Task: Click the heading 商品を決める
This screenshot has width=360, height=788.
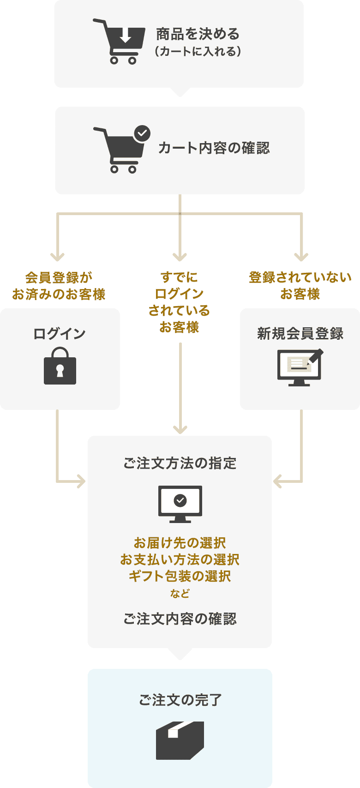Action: click(x=198, y=34)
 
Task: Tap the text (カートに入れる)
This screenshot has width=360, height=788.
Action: click(x=198, y=51)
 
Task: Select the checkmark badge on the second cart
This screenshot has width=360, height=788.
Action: click(x=142, y=133)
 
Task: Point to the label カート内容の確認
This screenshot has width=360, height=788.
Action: click(x=214, y=148)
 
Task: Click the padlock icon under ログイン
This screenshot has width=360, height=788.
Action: click(x=60, y=366)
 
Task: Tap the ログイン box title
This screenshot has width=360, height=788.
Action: click(x=60, y=334)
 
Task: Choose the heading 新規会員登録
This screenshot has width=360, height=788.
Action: click(x=300, y=334)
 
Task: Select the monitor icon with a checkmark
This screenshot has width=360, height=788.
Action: click(x=180, y=503)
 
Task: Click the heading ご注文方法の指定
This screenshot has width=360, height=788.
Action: click(x=180, y=463)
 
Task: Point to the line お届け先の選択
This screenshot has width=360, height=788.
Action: click(x=180, y=543)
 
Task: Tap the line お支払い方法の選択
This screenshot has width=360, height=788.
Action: click(x=180, y=559)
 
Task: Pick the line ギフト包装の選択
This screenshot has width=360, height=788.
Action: click(x=180, y=576)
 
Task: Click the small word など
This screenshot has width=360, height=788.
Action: click(x=180, y=594)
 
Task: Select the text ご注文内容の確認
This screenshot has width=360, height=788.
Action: click(x=180, y=619)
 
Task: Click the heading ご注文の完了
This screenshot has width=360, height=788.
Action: click(x=180, y=700)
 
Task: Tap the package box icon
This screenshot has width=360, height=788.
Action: click(x=180, y=740)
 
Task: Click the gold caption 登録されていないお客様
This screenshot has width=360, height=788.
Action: click(x=300, y=285)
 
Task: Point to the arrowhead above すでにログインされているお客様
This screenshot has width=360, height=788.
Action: click(x=180, y=257)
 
